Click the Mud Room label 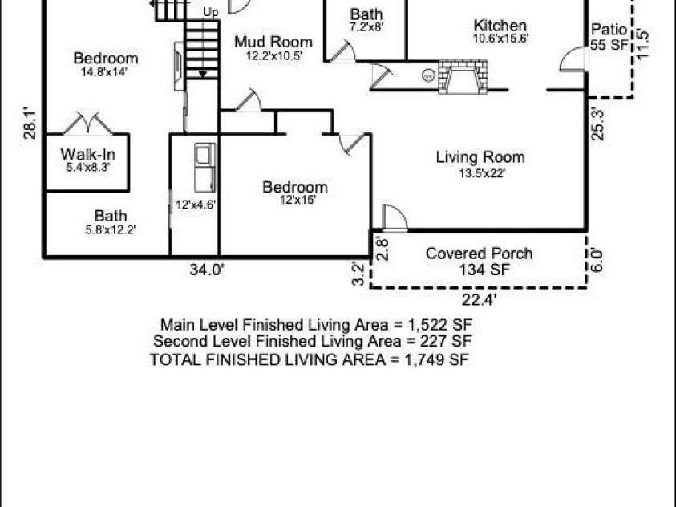tap(273, 48)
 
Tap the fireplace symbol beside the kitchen tap(460, 77)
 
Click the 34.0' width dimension tap(206, 270)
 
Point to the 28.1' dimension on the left tap(31, 124)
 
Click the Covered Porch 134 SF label tap(479, 262)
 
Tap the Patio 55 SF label tap(609, 38)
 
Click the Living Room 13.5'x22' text tap(480, 164)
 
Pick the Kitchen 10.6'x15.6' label tap(500, 31)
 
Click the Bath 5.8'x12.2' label tap(111, 222)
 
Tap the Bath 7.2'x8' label tap(366, 20)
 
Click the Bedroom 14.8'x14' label tap(105, 64)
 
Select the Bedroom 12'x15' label tap(295, 193)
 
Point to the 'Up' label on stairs tap(211, 12)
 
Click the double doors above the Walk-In tap(87, 124)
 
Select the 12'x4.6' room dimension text tap(195, 205)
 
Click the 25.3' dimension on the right tap(594, 124)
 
